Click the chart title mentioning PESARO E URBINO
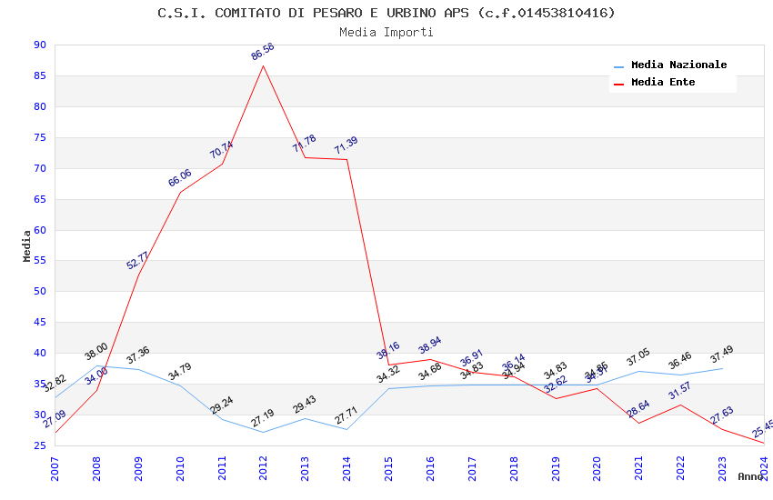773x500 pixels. coord(386,13)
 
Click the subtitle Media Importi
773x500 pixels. coord(386,32)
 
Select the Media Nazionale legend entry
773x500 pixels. coord(678,65)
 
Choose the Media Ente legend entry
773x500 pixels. coord(663,83)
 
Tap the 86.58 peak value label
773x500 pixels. coord(263,52)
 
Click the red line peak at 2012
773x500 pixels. coord(264,65)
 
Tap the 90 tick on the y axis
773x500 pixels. coord(39,45)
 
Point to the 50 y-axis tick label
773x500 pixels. coord(39,292)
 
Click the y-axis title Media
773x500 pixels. coord(27,245)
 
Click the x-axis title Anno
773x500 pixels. coord(750,476)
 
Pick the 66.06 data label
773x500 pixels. coord(180,178)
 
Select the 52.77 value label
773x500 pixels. coord(138,260)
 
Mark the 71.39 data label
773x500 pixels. coord(346,145)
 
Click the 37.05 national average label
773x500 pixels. coord(638,361)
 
